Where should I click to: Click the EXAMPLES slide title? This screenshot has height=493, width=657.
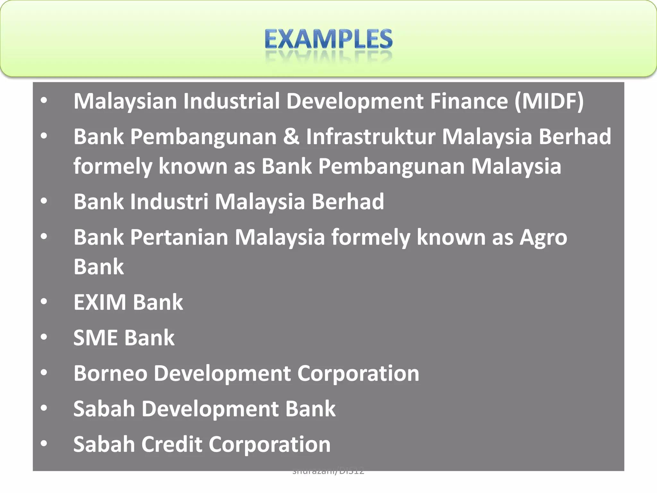(x=328, y=39)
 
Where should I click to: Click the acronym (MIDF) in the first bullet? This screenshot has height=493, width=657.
(x=549, y=101)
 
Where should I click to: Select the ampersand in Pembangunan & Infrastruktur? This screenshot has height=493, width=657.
(x=291, y=137)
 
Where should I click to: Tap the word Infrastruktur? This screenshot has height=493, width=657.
(x=371, y=137)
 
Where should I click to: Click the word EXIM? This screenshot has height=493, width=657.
(x=100, y=302)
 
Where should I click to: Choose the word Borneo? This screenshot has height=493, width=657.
(x=110, y=374)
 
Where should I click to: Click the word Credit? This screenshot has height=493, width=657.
(x=172, y=445)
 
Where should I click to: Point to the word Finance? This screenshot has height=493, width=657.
(x=469, y=101)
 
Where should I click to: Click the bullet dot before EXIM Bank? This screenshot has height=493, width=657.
(x=44, y=302)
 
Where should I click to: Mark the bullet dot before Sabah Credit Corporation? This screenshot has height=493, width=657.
(x=44, y=444)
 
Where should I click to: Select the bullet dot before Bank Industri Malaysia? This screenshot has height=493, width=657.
(x=44, y=201)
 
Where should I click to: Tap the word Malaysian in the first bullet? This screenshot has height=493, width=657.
(x=125, y=101)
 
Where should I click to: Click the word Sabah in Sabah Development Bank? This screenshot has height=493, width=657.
(x=104, y=409)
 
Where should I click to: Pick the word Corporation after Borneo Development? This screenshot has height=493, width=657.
(x=358, y=374)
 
